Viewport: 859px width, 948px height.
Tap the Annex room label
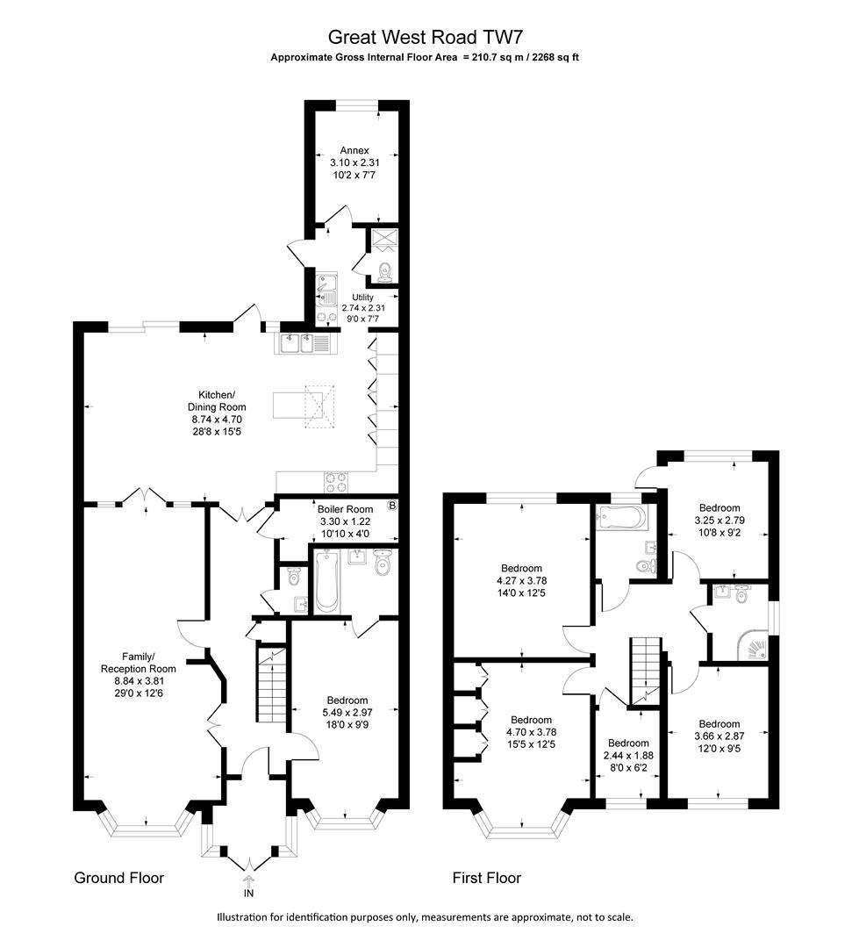click(354, 150)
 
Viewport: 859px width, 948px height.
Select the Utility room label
click(361, 298)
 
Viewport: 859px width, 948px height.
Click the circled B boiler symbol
click(392, 506)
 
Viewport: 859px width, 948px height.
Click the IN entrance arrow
click(248, 883)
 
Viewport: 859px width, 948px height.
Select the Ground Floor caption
click(118, 878)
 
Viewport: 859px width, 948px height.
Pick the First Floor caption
click(486, 878)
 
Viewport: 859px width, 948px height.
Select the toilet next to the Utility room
click(383, 270)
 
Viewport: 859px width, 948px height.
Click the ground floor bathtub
click(326, 582)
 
